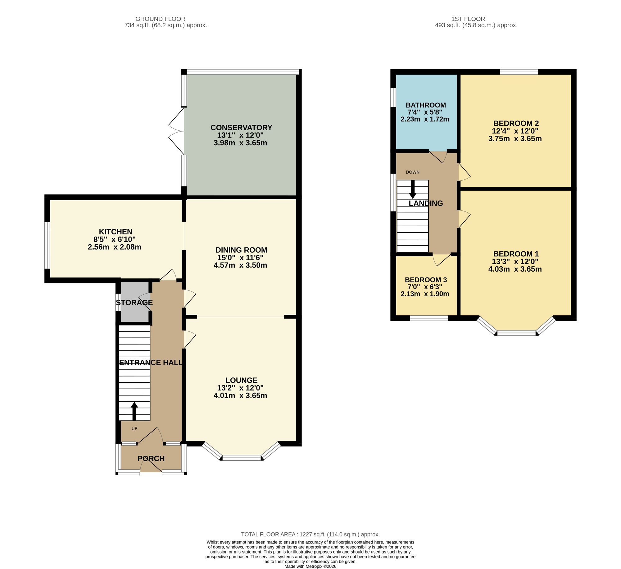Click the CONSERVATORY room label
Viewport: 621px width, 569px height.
point(241,128)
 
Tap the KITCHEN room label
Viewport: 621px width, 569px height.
point(116,232)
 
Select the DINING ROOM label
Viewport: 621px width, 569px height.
point(241,250)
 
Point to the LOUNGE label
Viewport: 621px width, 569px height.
point(241,380)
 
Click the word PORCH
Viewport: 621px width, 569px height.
point(151,458)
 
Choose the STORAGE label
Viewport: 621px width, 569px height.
point(134,303)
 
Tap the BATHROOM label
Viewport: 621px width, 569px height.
point(426,105)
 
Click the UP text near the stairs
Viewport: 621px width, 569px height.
point(134,429)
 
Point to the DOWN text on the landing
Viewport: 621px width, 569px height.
point(413,172)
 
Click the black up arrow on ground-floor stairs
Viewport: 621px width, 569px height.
point(134,412)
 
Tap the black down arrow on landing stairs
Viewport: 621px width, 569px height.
point(413,189)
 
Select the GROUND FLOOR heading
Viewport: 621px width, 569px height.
point(161,19)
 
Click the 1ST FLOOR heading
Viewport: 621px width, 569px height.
point(468,19)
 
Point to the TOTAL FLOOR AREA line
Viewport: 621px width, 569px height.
point(310,535)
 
